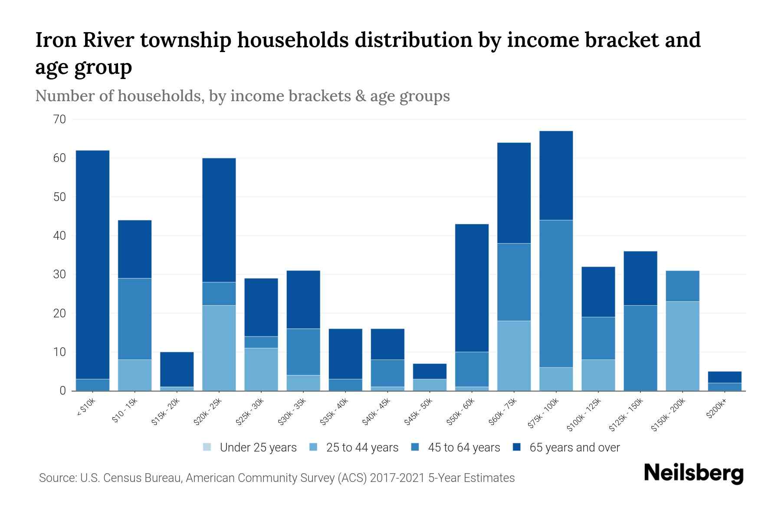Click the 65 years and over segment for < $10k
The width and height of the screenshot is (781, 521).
92,265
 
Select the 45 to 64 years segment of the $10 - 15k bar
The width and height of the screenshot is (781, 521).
135,319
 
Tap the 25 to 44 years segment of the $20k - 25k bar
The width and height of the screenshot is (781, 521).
219,348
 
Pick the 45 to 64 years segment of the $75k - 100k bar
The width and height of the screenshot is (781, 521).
556,293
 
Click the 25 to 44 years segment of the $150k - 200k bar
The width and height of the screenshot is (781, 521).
683,346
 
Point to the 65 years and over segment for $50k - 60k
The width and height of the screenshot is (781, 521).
472,288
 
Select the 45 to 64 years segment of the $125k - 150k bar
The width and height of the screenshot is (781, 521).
640,348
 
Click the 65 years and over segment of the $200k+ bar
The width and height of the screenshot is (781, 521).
725,377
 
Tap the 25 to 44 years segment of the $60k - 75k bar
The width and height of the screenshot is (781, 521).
514,356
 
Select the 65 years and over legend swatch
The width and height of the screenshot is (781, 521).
517,447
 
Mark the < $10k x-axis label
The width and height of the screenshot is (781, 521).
87,408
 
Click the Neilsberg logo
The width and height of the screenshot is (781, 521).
693,473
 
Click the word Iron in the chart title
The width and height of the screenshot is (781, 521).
55,40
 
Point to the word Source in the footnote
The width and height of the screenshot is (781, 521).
57,478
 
